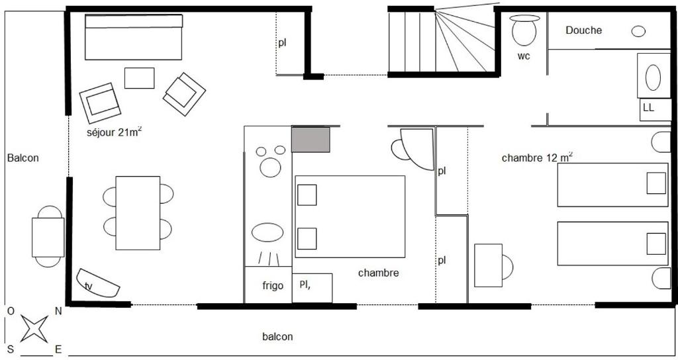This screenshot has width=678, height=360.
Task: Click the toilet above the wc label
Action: [524, 30]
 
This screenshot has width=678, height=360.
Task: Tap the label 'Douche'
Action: [583, 30]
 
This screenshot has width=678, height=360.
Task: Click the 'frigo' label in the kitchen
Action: [273, 285]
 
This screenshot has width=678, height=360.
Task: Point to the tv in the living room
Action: [98, 283]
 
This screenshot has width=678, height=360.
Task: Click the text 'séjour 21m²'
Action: [114, 132]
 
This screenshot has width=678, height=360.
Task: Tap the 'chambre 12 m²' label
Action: [537, 157]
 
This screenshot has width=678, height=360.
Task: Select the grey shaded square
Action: [311, 139]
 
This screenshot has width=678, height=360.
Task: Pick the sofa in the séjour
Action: [134, 37]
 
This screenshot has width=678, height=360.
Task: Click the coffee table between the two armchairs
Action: [139, 78]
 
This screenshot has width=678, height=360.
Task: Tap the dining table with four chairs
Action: [138, 212]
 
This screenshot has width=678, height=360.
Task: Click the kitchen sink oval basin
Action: [267, 232]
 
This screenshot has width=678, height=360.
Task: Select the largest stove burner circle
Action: [271, 167]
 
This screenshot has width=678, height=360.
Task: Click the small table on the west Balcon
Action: [48, 238]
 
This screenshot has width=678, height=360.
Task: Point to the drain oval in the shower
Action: [639, 31]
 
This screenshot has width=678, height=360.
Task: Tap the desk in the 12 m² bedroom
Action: [488, 265]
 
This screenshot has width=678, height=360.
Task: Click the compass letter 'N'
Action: [58, 311]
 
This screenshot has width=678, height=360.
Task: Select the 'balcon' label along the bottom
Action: [277, 336]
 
